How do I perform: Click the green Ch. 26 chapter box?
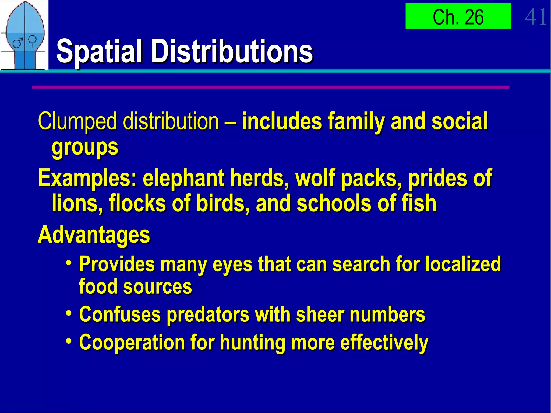pos(458,16)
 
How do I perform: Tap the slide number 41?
pos(536,17)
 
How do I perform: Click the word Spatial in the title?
pos(99,51)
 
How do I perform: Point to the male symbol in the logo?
pos(18,43)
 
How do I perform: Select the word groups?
pos(85,148)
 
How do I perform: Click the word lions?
pos(77,204)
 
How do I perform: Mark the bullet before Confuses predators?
pos(69,313)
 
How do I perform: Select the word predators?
pos(208,315)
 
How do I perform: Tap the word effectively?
pos(384,343)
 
